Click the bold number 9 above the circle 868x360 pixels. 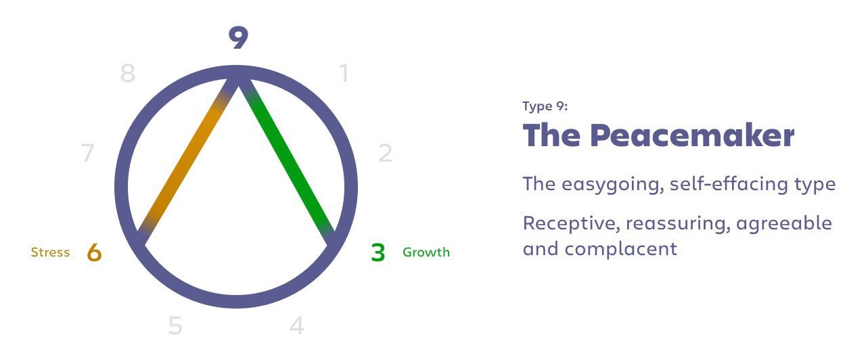[238, 37]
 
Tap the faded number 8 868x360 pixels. [128, 73]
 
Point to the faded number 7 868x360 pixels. [87, 153]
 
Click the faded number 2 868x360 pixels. [385, 153]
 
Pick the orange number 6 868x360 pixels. [94, 252]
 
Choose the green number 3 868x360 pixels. [378, 252]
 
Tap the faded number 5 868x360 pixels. [175, 325]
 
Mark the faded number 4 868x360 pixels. [297, 325]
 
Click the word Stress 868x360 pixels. [50, 252]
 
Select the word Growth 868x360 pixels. [426, 252]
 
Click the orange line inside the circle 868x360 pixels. [185, 162]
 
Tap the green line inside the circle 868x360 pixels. [287, 161]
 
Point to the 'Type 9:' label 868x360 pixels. [545, 106]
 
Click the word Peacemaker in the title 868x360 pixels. [693, 135]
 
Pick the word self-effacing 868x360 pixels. [729, 183]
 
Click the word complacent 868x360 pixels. [621, 249]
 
